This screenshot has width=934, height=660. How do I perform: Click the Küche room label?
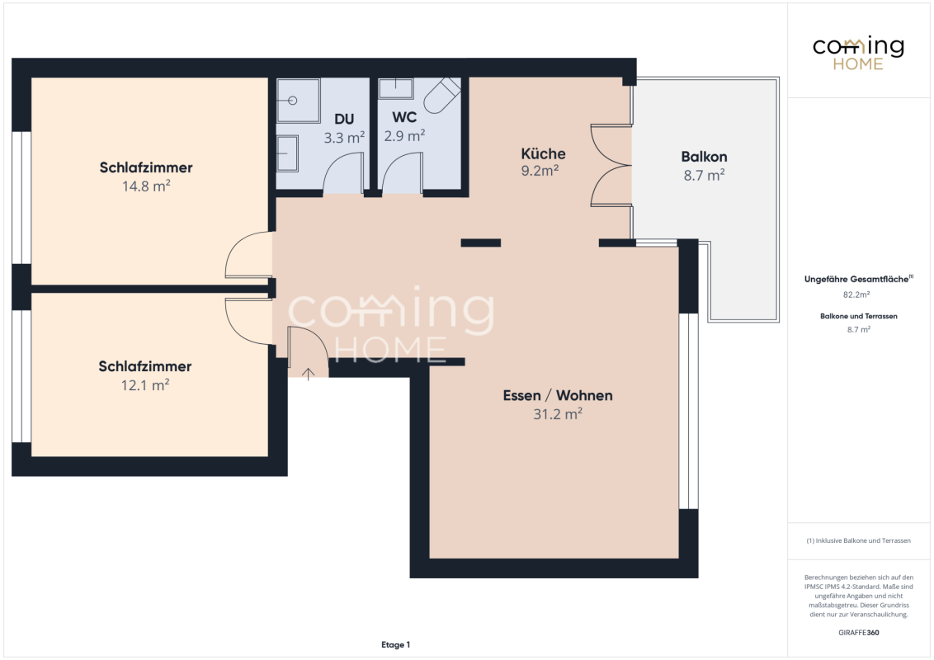click(543, 153)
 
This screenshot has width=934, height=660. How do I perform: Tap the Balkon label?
click(704, 157)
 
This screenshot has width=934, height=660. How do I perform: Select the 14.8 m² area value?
click(147, 186)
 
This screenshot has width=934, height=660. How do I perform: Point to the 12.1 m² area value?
click(145, 384)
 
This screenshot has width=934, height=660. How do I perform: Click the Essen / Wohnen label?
click(558, 395)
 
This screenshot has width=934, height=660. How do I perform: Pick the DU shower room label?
click(344, 119)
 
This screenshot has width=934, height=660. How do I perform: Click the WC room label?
click(404, 117)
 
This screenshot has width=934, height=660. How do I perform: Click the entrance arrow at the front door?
click(308, 374)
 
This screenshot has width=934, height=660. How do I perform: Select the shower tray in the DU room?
click(298, 101)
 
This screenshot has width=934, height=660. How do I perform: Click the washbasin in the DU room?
click(287, 153)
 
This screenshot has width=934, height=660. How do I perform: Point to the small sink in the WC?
click(396, 89)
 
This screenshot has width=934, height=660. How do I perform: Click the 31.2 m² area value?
click(558, 414)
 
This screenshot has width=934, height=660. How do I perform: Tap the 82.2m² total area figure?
click(856, 295)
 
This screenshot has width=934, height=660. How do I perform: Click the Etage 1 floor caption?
click(395, 644)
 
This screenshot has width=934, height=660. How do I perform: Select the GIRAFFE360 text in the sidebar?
click(858, 633)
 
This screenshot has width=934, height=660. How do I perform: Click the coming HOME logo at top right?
click(858, 53)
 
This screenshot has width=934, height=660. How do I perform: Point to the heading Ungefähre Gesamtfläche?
click(858, 279)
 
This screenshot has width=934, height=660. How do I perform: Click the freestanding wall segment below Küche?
click(481, 243)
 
